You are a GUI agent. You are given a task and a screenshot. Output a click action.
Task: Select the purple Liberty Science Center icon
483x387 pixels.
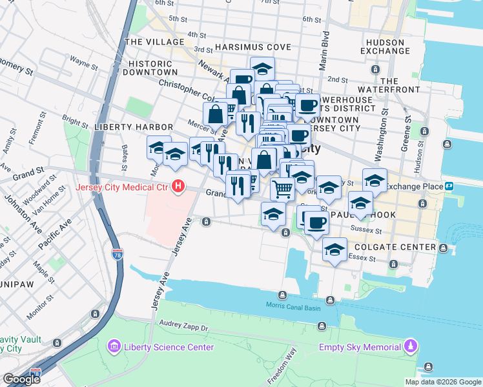click(x=114, y=347)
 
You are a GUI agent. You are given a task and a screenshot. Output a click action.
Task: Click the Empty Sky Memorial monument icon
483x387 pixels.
click(x=410, y=347)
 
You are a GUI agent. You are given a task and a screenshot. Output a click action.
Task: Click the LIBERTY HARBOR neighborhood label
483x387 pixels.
click(x=133, y=127)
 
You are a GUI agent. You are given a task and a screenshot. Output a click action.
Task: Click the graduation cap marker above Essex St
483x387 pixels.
click(x=334, y=250)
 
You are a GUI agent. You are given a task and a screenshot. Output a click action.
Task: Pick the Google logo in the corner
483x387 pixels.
click(x=21, y=379)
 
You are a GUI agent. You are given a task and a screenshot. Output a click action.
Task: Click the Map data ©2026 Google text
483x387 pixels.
click(x=442, y=382)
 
